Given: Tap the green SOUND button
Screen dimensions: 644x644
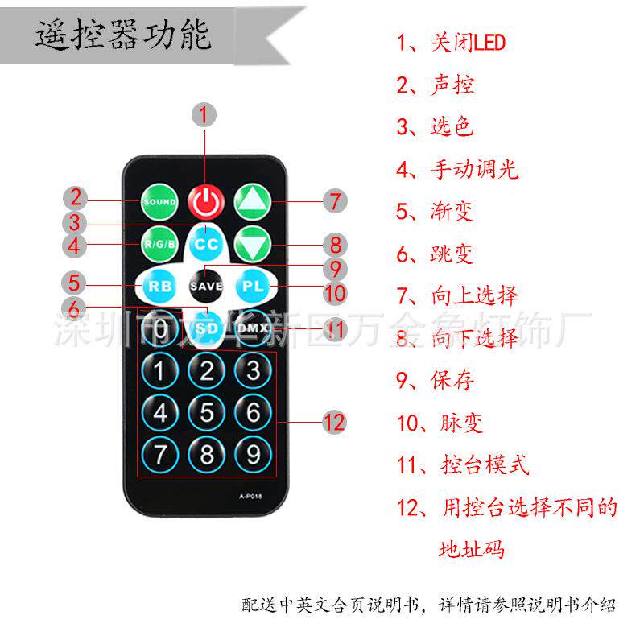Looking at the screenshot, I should click(159, 201).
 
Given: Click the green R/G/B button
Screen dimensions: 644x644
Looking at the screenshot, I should click(159, 242).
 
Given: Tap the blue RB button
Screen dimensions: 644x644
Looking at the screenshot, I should click(159, 285).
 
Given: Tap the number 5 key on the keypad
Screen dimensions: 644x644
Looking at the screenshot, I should click(207, 413).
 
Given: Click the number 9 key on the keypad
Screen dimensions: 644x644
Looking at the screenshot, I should click(254, 455).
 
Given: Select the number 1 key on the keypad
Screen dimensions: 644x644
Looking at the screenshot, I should click(160, 371).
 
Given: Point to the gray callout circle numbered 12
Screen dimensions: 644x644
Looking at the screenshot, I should click(333, 422).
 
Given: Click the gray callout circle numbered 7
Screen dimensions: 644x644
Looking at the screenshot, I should click(335, 200).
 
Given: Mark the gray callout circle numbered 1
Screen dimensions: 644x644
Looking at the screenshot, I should click(204, 114).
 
